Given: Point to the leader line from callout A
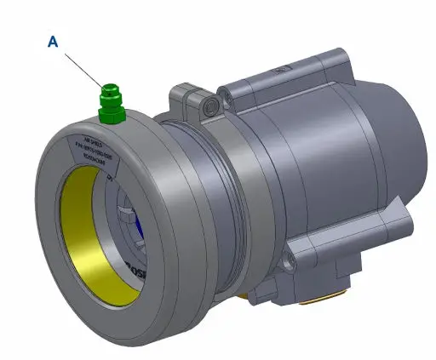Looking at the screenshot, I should click(81, 65).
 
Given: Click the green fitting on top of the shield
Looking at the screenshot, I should click(111, 101).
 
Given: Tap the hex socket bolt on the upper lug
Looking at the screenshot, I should click(209, 107).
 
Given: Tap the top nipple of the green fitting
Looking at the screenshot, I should click(109, 88).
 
